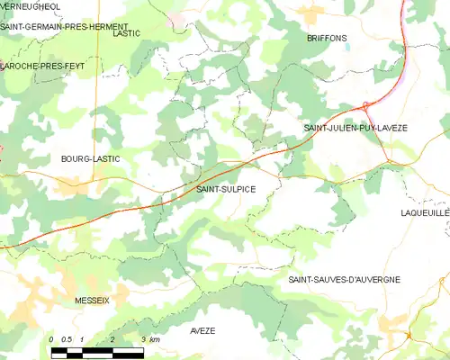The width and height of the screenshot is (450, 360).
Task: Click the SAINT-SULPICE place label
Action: (226, 189)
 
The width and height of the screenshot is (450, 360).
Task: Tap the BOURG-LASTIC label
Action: (90, 158)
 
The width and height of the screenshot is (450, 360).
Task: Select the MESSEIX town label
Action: (93, 300)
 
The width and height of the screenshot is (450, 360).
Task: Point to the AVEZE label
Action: (202, 331)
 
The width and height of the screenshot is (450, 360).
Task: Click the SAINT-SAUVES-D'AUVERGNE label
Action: (344, 280)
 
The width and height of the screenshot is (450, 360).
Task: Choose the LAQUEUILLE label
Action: (424, 213)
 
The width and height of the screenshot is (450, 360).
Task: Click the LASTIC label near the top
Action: (127, 32)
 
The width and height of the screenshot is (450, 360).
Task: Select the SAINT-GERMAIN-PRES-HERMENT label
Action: (64, 26)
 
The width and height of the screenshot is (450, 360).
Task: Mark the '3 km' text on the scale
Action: (149, 339)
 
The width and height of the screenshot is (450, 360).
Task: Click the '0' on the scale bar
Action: (51, 339)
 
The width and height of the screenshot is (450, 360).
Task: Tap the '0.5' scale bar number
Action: (66, 339)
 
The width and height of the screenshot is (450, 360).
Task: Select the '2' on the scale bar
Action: (112, 339)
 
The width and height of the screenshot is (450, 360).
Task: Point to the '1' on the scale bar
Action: (82, 339)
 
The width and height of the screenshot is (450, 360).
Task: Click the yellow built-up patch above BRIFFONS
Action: (312, 14)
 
